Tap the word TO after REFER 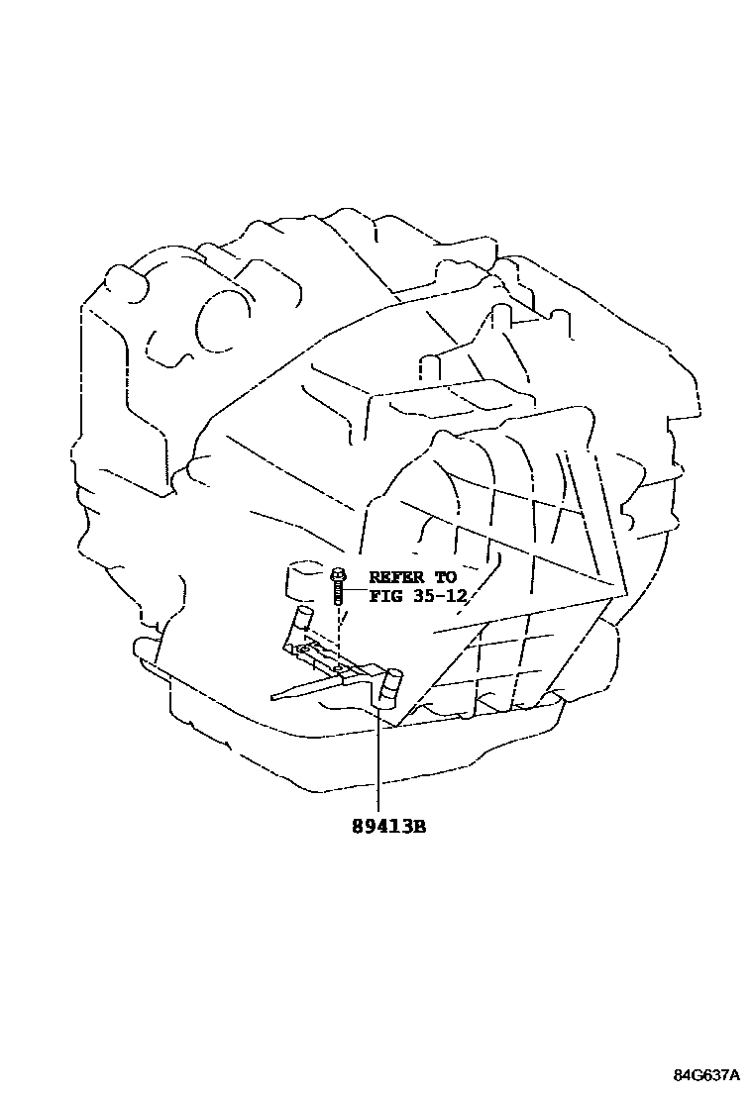(x=444, y=576)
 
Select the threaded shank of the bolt (x=339, y=594)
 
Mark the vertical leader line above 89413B (x=378, y=762)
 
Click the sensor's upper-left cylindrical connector (x=300, y=623)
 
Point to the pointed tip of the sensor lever (x=274, y=696)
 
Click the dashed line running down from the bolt (x=339, y=634)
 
